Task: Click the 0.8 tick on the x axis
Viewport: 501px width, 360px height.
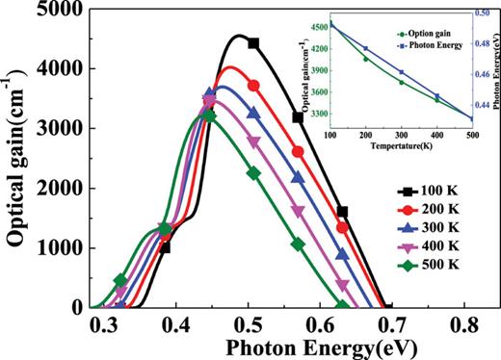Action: pyautogui.click(x=465, y=326)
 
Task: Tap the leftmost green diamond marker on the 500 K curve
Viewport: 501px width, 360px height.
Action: pyautogui.click(x=120, y=281)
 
